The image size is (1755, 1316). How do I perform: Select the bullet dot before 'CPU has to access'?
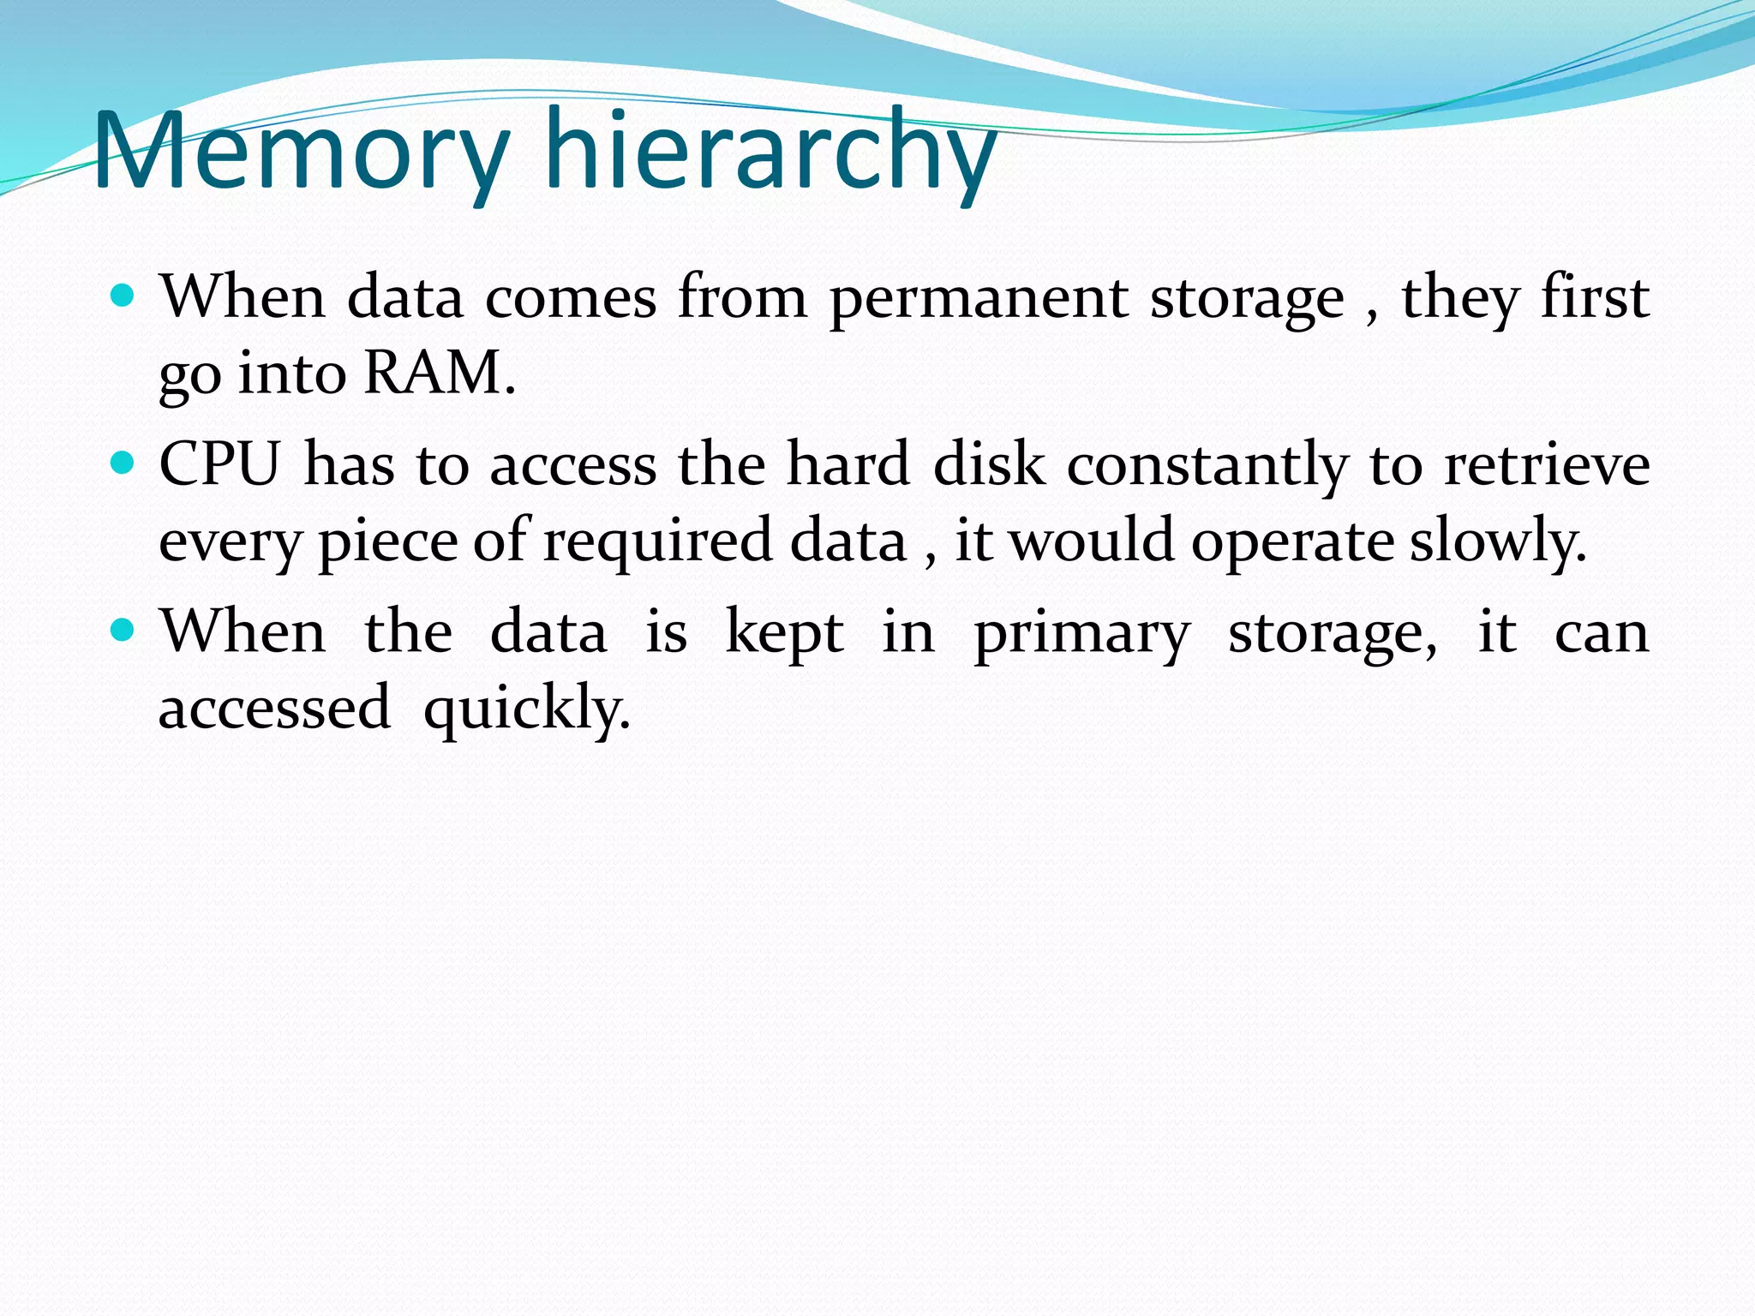(x=124, y=464)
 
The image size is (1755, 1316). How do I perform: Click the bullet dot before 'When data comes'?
(x=124, y=296)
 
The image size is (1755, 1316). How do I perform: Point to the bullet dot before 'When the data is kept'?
(x=124, y=631)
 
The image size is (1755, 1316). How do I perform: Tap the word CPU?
(x=219, y=464)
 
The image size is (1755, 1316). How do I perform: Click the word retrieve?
(x=1547, y=464)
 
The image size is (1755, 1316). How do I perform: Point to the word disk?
(x=989, y=464)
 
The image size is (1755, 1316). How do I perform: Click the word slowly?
(x=1498, y=542)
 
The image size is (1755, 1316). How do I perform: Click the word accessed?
(x=274, y=708)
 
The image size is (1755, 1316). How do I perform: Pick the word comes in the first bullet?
(x=571, y=298)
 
